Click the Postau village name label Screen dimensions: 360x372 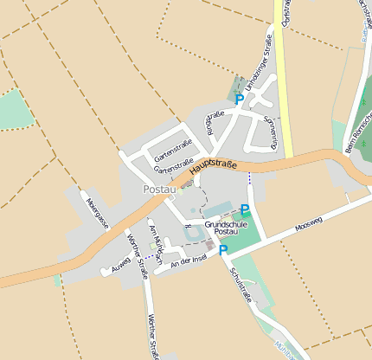[159, 189]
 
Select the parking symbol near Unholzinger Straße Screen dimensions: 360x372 [240, 100]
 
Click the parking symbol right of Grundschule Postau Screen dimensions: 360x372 [245, 209]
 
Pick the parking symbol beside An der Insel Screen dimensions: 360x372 [222, 250]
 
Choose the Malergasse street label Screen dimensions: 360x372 [98, 212]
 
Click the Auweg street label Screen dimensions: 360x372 [120, 263]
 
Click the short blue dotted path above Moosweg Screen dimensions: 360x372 [249, 178]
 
